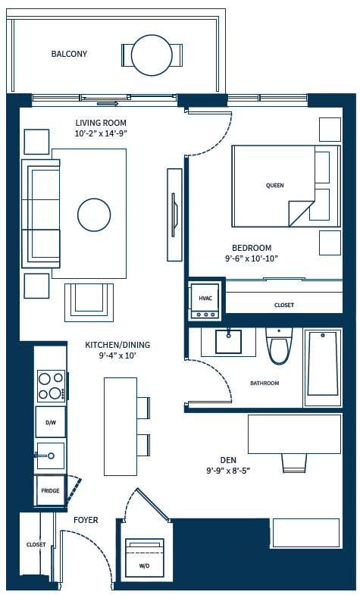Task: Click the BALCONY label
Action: (69, 54)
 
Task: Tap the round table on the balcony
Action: (152, 55)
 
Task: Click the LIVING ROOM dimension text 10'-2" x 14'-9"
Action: (100, 134)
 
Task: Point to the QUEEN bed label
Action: (274, 186)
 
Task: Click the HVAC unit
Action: (205, 299)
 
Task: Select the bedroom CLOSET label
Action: (284, 305)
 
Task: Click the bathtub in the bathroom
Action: (322, 363)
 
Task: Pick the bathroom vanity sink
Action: (229, 342)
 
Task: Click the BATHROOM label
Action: (265, 384)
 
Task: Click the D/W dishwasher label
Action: (51, 422)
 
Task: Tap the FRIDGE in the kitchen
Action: (50, 490)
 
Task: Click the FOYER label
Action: (86, 521)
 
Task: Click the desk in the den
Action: (293, 434)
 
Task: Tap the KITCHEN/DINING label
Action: (117, 345)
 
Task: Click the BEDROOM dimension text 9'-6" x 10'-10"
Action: (252, 258)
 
